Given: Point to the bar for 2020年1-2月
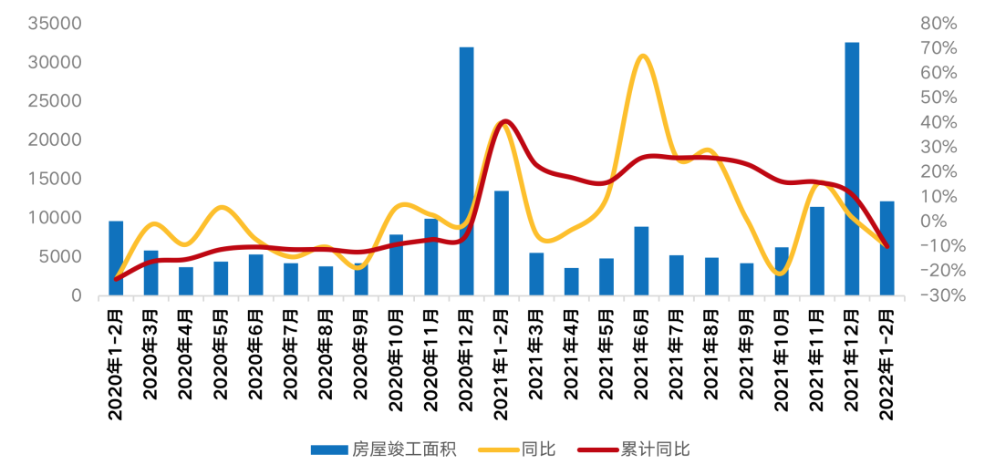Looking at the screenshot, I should point(116,259).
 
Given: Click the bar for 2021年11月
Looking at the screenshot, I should point(817,252).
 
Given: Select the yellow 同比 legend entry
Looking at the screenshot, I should point(538,449).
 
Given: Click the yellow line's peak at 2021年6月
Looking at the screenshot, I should point(643,57).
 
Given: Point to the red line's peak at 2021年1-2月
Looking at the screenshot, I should point(504,121).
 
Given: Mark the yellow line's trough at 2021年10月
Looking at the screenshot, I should point(781,273).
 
